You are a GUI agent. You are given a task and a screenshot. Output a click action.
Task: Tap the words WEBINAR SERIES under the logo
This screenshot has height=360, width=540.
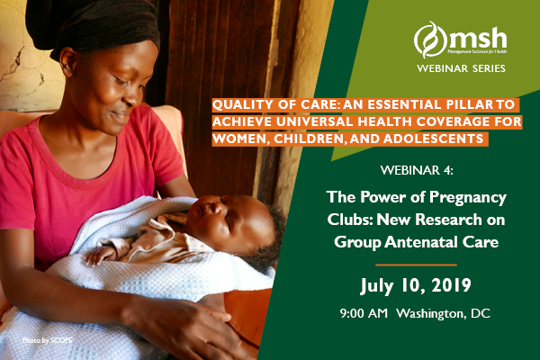coord(461,68)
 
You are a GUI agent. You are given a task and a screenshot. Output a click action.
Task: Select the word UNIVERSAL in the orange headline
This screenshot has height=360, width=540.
coord(314,121)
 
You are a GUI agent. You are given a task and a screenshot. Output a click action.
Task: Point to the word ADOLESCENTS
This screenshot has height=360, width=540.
coord(433,139)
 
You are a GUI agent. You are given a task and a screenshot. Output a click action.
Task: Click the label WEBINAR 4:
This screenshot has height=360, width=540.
coord(417,170)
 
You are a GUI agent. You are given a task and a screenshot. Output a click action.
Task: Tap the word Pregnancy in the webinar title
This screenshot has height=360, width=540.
coord(468,198)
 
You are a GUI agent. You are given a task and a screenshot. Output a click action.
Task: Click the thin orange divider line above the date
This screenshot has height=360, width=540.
coord(416,265)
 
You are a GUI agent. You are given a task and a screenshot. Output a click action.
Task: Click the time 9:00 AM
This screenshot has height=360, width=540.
coord(364,313)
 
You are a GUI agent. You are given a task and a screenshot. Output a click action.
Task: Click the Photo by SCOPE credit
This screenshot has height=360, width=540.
coord(48,340)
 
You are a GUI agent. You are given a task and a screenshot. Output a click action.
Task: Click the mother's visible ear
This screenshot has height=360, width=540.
coord(68,61)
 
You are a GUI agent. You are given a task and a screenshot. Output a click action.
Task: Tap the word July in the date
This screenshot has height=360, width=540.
coord(377,286)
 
